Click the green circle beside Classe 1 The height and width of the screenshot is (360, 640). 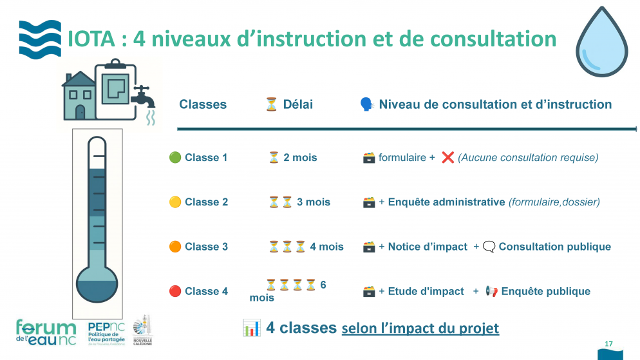(174, 157)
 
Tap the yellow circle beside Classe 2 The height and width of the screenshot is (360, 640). (174, 202)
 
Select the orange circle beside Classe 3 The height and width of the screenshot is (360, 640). (174, 247)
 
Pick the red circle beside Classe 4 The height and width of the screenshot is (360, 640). (174, 291)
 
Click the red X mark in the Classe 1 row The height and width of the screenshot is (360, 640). (448, 157)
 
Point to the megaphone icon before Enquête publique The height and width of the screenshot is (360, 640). (491, 291)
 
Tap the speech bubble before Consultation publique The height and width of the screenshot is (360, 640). (489, 247)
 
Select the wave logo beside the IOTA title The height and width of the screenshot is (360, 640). (40, 39)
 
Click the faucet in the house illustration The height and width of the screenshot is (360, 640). (144, 99)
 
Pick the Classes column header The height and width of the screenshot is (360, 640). (203, 104)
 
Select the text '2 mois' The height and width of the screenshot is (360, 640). (300, 157)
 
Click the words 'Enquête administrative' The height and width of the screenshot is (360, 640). (446, 202)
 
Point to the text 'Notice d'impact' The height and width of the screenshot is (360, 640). (428, 247)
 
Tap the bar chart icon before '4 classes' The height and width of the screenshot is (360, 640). (251, 327)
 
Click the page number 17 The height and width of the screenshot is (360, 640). (608, 343)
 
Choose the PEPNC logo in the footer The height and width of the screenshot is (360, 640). (106, 333)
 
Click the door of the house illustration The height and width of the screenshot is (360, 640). (80, 111)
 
